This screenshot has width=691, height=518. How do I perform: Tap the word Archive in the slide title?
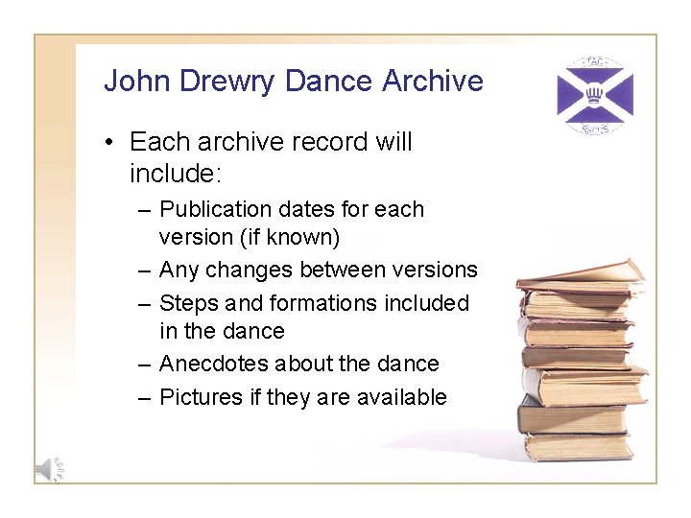pos(433,81)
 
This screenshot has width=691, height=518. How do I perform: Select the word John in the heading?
pos(131,81)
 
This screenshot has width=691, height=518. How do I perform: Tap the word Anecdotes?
pos(216,364)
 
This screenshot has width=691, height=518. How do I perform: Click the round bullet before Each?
pos(111,143)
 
